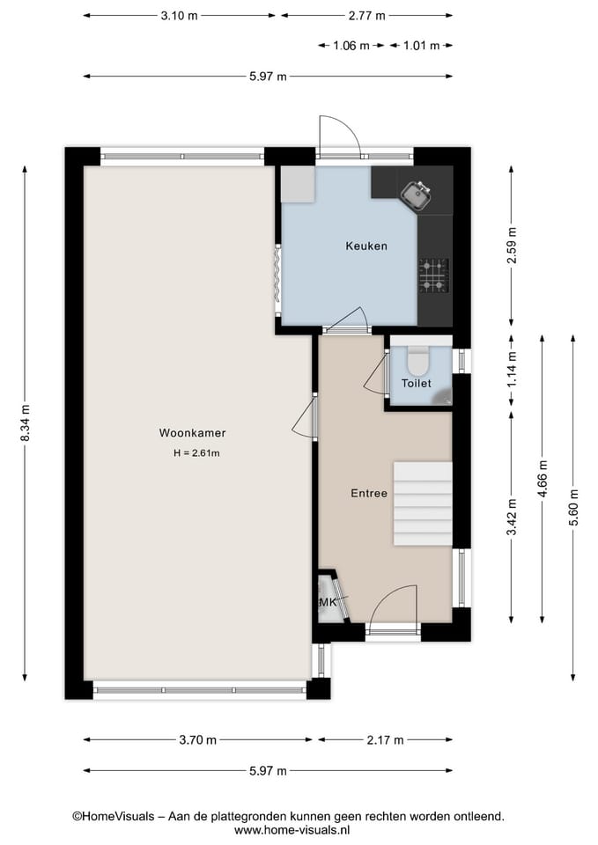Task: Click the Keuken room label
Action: tap(365, 246)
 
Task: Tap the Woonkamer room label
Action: tap(192, 433)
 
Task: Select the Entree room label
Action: tap(368, 494)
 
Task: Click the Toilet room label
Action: tap(416, 384)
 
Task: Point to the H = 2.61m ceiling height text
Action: tap(196, 453)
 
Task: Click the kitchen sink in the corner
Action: tap(414, 195)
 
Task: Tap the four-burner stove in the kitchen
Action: tap(433, 274)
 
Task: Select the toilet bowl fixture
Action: tap(417, 359)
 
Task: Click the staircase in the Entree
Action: tap(422, 503)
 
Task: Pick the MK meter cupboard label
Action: tap(328, 602)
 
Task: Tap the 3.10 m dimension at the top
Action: tap(180, 16)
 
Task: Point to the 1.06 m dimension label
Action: tap(351, 46)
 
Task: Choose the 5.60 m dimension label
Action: tap(573, 508)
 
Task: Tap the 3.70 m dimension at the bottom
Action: tap(198, 740)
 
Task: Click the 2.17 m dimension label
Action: tap(386, 740)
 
